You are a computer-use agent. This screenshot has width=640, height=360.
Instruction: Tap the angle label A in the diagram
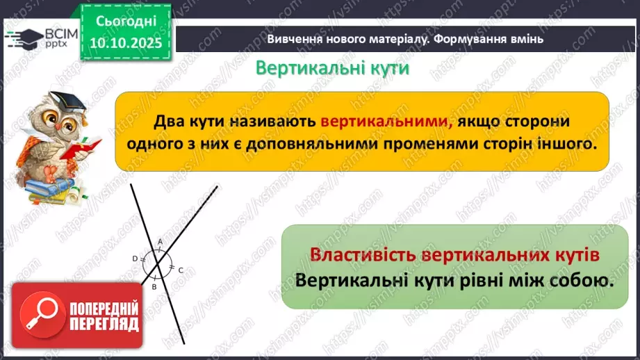point(160,241)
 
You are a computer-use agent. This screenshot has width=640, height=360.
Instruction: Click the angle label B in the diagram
point(155,286)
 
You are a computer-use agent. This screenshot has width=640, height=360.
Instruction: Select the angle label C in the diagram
point(180,270)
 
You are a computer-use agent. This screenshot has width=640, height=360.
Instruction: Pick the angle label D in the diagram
point(135,259)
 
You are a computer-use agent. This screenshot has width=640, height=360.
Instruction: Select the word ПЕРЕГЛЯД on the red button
point(103,324)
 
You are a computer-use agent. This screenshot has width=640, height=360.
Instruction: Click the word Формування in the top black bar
point(470,39)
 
